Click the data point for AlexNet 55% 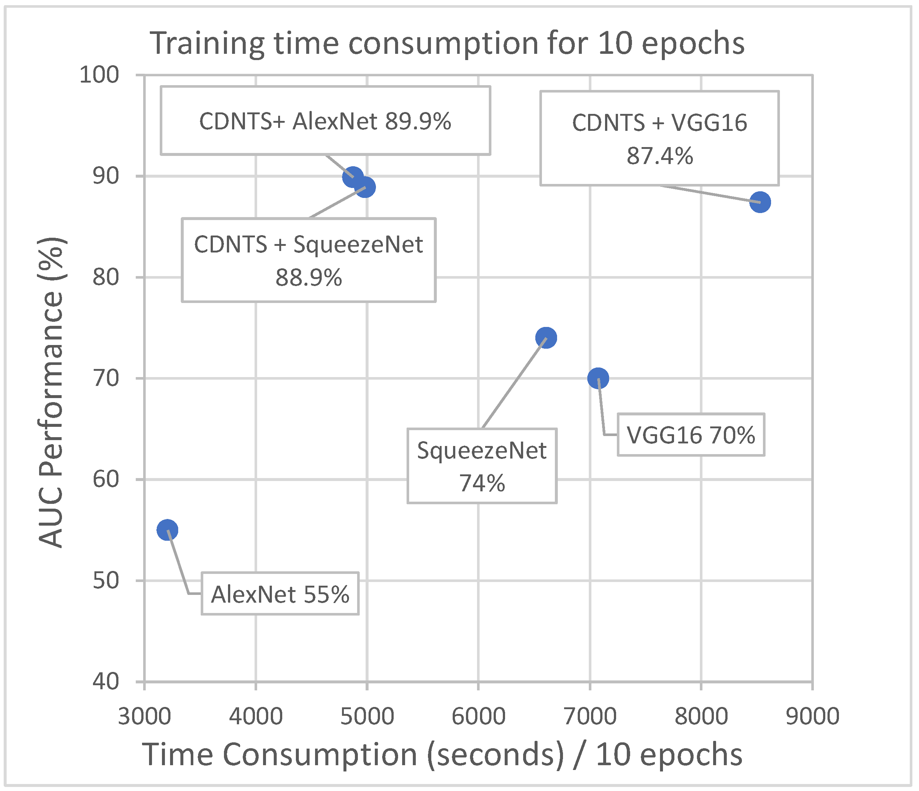click(167, 530)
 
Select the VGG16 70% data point click(598, 378)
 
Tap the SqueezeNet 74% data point click(546, 338)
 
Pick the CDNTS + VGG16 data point click(760, 202)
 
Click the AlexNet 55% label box click(280, 594)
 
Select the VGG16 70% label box click(691, 435)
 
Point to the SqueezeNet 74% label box click(482, 466)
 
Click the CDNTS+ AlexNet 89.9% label click(325, 121)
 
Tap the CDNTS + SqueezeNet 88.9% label click(309, 260)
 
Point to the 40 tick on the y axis click(106, 681)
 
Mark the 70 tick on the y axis click(106, 378)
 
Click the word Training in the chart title click(208, 43)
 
